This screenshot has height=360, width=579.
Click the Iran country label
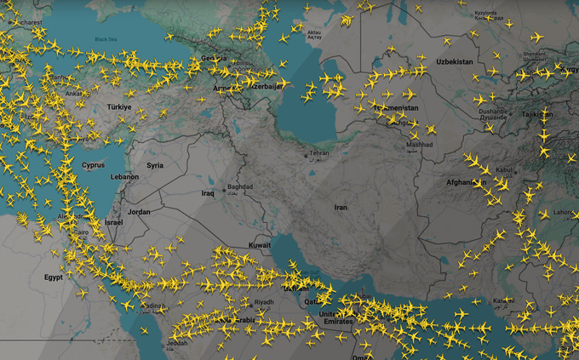tap(341, 207)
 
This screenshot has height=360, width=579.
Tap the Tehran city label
tap(319, 153)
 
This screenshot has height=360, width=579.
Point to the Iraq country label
tap(208, 193)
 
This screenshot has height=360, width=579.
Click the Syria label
tap(155, 165)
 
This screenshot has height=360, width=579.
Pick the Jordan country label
tap(139, 212)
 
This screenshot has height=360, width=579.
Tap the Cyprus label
tap(94, 165)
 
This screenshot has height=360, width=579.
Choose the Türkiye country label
tap(119, 107)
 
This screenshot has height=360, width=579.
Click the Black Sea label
tap(106, 39)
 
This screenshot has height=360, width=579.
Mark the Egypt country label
tap(53, 277)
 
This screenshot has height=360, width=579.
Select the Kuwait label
tap(260, 245)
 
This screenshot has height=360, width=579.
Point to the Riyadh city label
tap(264, 302)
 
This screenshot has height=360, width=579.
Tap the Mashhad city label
tap(420, 145)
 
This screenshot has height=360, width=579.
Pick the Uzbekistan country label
tap(454, 62)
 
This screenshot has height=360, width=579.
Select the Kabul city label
tap(505, 169)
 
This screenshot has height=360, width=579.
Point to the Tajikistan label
tap(536, 114)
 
